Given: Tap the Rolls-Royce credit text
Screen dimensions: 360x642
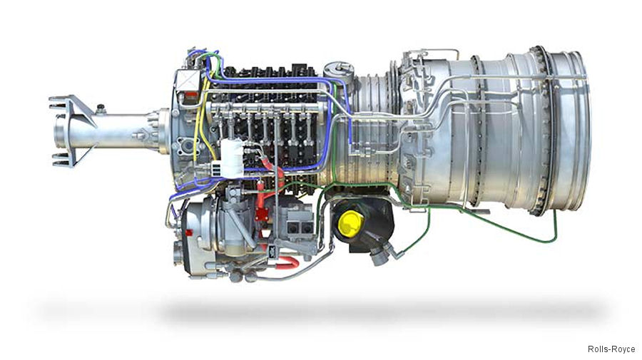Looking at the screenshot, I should coord(611,349).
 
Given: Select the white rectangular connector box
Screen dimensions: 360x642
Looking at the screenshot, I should coord(232,158).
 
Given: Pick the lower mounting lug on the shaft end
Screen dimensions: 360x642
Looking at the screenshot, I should coord(64,156).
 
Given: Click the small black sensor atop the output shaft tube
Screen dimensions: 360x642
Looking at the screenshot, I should coord(101,109).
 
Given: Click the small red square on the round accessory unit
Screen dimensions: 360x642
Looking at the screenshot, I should coord(190,234).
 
